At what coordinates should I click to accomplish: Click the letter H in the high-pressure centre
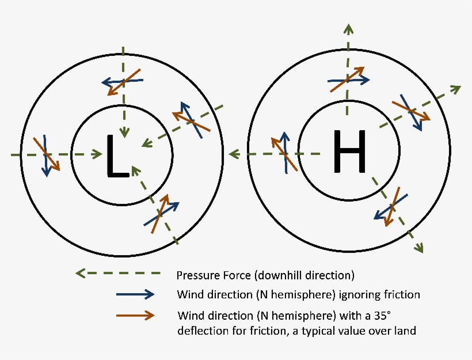(x=349, y=151)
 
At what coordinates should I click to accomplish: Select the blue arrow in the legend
(x=135, y=294)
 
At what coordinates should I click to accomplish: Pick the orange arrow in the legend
(x=135, y=315)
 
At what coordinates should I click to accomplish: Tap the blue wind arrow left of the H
(x=284, y=152)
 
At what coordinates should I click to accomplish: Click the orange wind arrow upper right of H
(x=411, y=111)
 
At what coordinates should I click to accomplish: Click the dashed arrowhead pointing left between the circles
(x=233, y=154)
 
